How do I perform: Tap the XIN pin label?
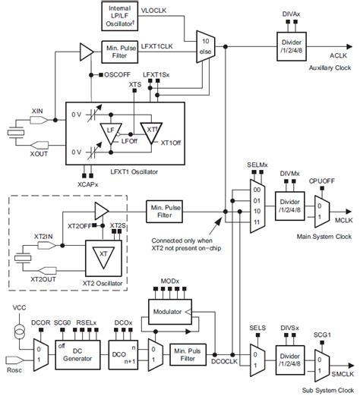tap(37, 111)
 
